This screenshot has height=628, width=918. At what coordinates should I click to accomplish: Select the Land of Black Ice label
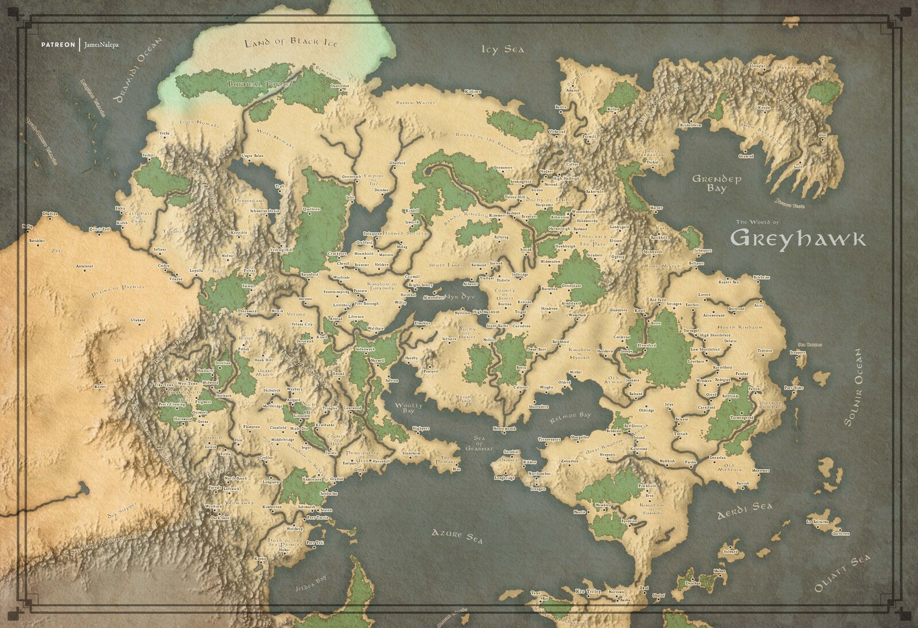[x=291, y=43]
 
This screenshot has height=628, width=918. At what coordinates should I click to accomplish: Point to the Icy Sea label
[x=503, y=50]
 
